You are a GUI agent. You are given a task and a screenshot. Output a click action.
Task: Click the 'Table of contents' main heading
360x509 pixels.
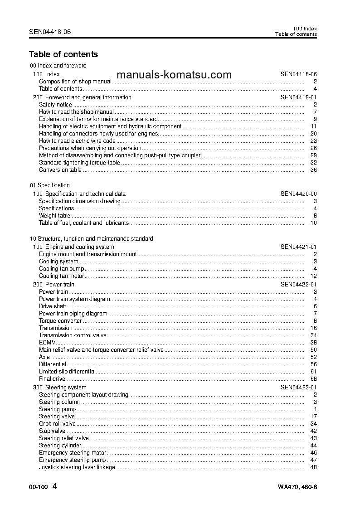[63, 54]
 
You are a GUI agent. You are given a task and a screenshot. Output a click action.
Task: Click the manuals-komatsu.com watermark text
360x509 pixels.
[174, 75]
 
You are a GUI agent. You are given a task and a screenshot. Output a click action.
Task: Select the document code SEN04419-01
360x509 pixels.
[298, 97]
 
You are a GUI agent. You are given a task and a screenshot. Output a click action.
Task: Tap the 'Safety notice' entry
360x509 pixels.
[55, 105]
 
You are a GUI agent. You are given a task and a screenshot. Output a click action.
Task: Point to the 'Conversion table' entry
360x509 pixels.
[60, 170]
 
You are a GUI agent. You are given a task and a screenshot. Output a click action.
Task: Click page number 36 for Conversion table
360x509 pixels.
[313, 170]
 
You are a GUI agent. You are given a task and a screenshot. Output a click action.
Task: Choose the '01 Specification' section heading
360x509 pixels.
[50, 185]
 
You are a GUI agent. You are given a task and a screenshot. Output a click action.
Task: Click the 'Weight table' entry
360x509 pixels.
[54, 216]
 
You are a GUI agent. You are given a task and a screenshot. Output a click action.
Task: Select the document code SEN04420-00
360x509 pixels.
[298, 194]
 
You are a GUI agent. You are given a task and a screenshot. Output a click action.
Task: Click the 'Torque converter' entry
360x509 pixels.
[60, 321]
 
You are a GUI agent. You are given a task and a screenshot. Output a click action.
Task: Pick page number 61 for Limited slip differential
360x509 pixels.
[313, 372]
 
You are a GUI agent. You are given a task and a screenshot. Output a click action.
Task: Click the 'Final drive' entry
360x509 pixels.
[52, 379]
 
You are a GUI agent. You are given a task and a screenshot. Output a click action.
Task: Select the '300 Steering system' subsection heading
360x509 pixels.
[60, 388]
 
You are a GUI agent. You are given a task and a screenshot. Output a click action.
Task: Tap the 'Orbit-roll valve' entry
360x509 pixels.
[57, 424]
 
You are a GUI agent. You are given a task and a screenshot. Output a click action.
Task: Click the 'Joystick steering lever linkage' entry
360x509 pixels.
[77, 467]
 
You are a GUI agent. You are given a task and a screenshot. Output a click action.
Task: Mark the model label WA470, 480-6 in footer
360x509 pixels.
[297, 488]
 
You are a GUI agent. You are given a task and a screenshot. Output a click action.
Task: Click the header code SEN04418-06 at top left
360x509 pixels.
[50, 32]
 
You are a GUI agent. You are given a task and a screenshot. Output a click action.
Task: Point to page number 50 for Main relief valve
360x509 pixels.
[313, 350]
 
